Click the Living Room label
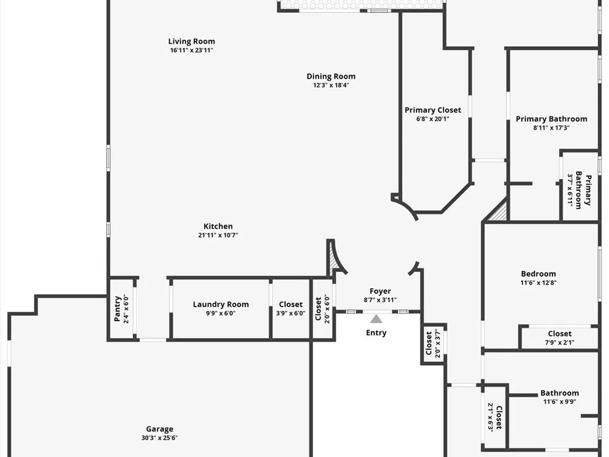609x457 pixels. pos(191,41)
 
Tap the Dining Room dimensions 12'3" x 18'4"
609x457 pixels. pos(331,85)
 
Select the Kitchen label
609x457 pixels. pos(218,226)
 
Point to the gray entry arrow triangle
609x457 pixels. pos(376,319)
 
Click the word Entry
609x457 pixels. pos(376,333)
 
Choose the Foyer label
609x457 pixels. pos(380,291)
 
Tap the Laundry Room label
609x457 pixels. pos(220,304)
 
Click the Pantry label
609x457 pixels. pos(118,309)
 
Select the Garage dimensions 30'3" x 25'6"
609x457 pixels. pos(159,438)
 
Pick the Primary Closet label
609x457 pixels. pos(432,110)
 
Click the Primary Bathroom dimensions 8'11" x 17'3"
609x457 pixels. pos(551,127)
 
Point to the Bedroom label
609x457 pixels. pos(538,274)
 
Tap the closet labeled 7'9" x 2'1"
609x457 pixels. pos(559,338)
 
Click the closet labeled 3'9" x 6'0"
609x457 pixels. pos(290,308)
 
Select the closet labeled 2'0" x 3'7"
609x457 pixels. pos(432,343)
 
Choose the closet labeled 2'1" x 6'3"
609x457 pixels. pos(495,417)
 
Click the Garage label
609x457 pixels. pos(159,429)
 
